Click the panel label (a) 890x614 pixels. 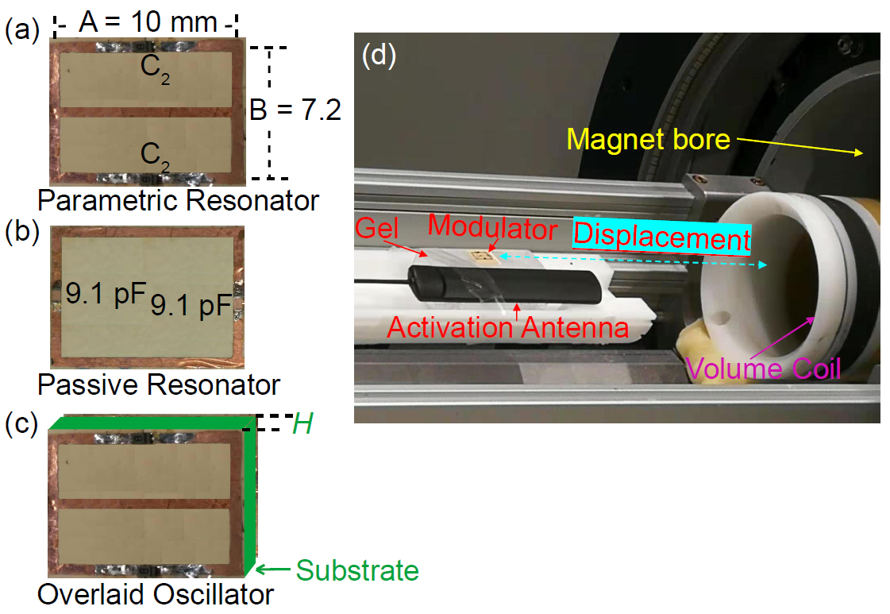(x=21, y=31)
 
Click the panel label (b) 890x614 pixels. (x=21, y=235)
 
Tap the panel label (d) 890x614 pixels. (x=379, y=57)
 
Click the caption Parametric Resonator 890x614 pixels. (x=178, y=199)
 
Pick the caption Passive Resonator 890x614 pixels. (x=159, y=385)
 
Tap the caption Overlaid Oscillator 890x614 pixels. (x=156, y=593)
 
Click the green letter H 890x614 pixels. (x=302, y=424)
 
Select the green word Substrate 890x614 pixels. (x=356, y=570)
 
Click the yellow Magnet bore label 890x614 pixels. (x=648, y=140)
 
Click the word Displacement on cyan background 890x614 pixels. (x=662, y=237)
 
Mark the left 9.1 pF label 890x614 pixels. (x=106, y=298)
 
